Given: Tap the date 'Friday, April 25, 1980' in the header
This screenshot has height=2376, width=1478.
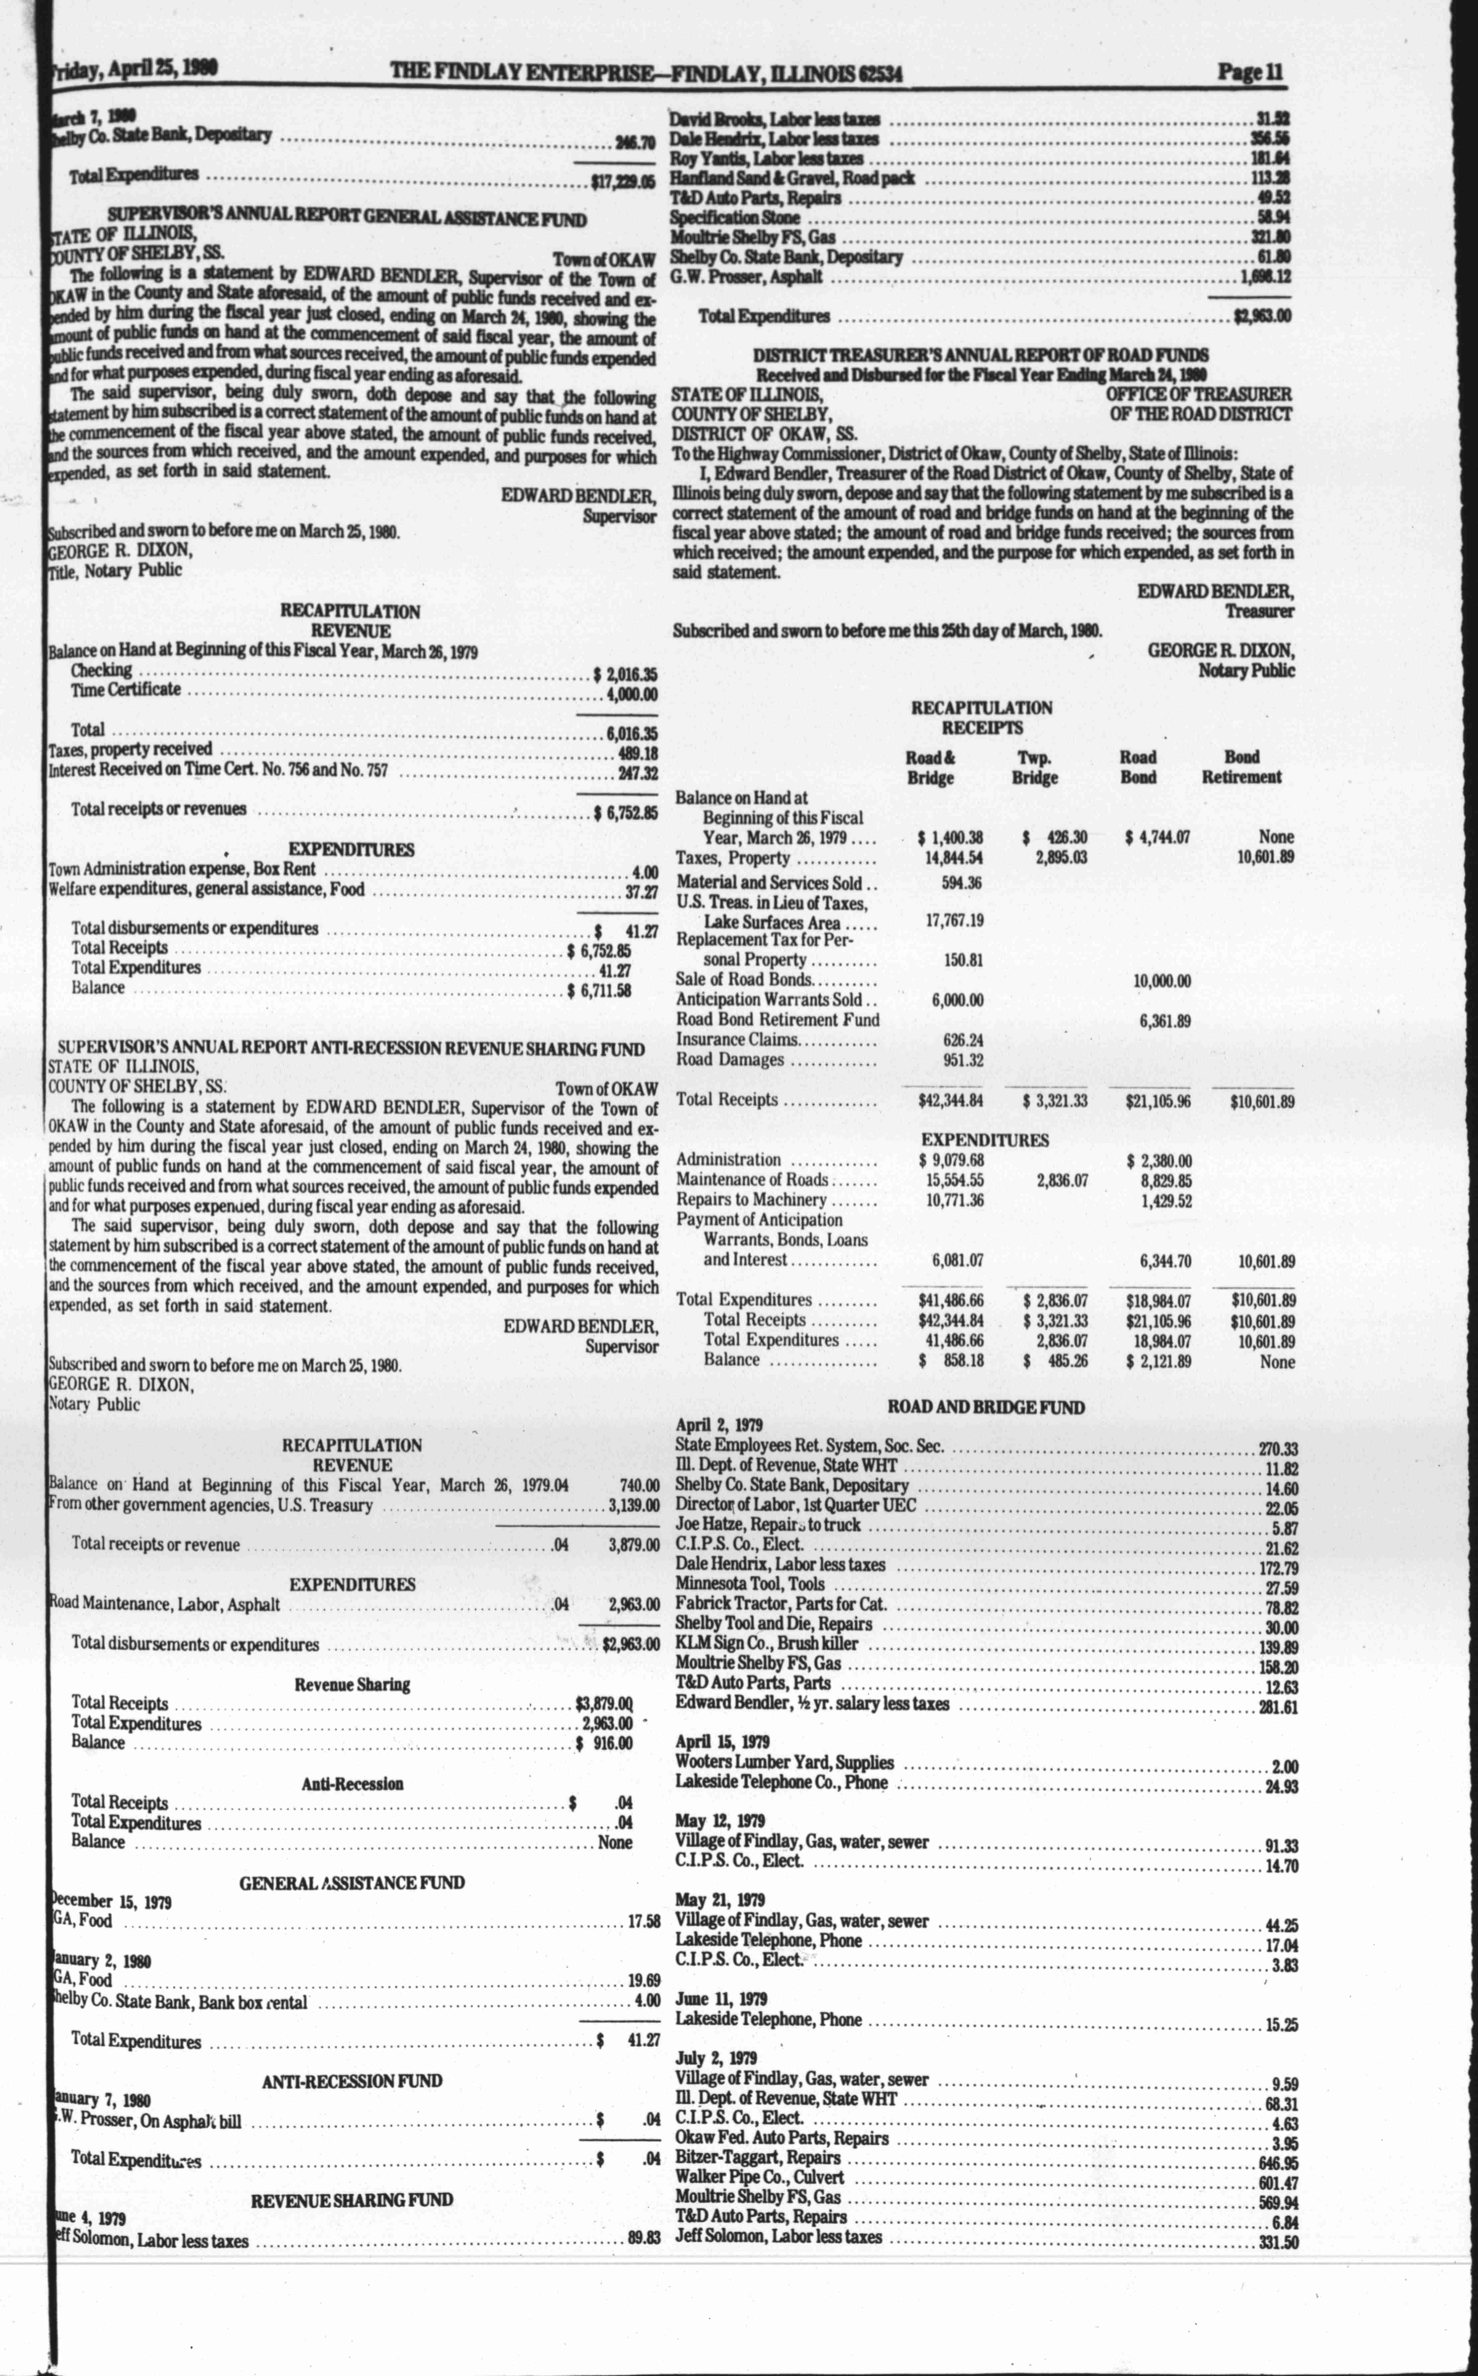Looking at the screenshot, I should point(132,68).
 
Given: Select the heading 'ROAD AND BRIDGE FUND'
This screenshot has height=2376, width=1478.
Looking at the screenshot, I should point(985,1407).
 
